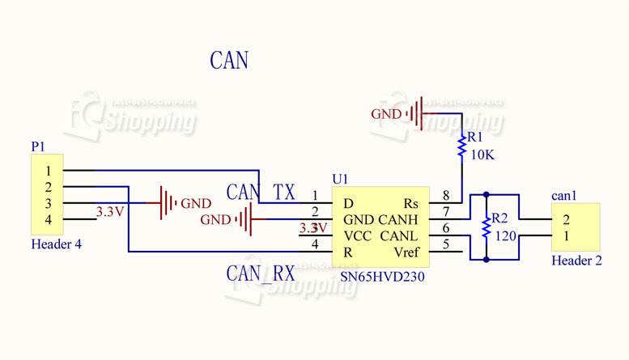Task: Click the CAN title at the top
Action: click(x=229, y=61)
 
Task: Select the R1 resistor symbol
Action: click(x=461, y=146)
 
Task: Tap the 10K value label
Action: click(x=482, y=155)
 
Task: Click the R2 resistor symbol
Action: click(x=486, y=227)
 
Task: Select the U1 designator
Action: click(x=340, y=178)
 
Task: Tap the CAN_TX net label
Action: click(x=261, y=193)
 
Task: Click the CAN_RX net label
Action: click(x=260, y=273)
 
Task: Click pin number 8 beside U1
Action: click(x=445, y=196)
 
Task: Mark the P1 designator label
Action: click(x=38, y=146)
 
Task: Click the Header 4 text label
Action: click(x=56, y=244)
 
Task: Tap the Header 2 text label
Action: click(x=576, y=260)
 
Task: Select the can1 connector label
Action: click(x=563, y=196)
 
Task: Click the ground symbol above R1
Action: click(x=418, y=114)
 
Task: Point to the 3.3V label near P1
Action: click(x=109, y=212)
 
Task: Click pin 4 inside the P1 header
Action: click(x=49, y=219)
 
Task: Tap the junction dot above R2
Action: click(x=486, y=195)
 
